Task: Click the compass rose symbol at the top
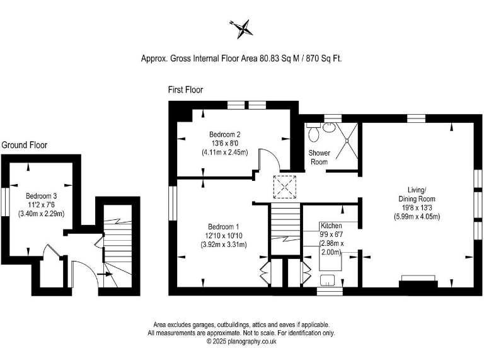243,27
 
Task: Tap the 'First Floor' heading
185,90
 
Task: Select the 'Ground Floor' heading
24,145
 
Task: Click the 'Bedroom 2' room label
225,134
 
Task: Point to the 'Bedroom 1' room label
224,226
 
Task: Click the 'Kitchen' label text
331,225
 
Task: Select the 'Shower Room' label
319,158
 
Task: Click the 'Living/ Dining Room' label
418,193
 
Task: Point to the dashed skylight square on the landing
284,187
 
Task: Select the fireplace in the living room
418,280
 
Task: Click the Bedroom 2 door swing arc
265,158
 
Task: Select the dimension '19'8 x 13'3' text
418,208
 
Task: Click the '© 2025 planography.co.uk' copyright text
241,341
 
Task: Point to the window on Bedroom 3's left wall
5,203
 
